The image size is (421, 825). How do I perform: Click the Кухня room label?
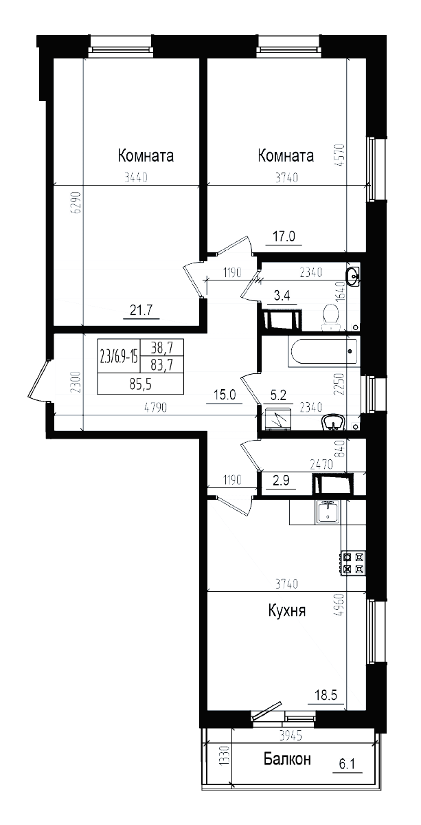(287, 612)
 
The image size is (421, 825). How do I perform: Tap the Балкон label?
(287, 759)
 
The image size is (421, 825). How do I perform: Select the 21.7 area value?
(141, 311)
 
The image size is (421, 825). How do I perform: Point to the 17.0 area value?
(284, 236)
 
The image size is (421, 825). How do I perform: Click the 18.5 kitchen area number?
(326, 695)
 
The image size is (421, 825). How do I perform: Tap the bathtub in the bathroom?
(323, 351)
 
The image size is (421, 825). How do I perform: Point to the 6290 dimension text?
(77, 202)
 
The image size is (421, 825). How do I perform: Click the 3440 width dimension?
(136, 178)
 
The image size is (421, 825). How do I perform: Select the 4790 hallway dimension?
(157, 408)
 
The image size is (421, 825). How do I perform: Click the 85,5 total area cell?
(141, 385)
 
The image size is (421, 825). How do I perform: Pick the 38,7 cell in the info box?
(162, 347)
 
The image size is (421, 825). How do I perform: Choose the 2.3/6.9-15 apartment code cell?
(120, 357)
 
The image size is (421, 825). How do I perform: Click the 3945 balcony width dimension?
(291, 736)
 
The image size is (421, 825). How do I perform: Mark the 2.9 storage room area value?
(281, 481)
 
